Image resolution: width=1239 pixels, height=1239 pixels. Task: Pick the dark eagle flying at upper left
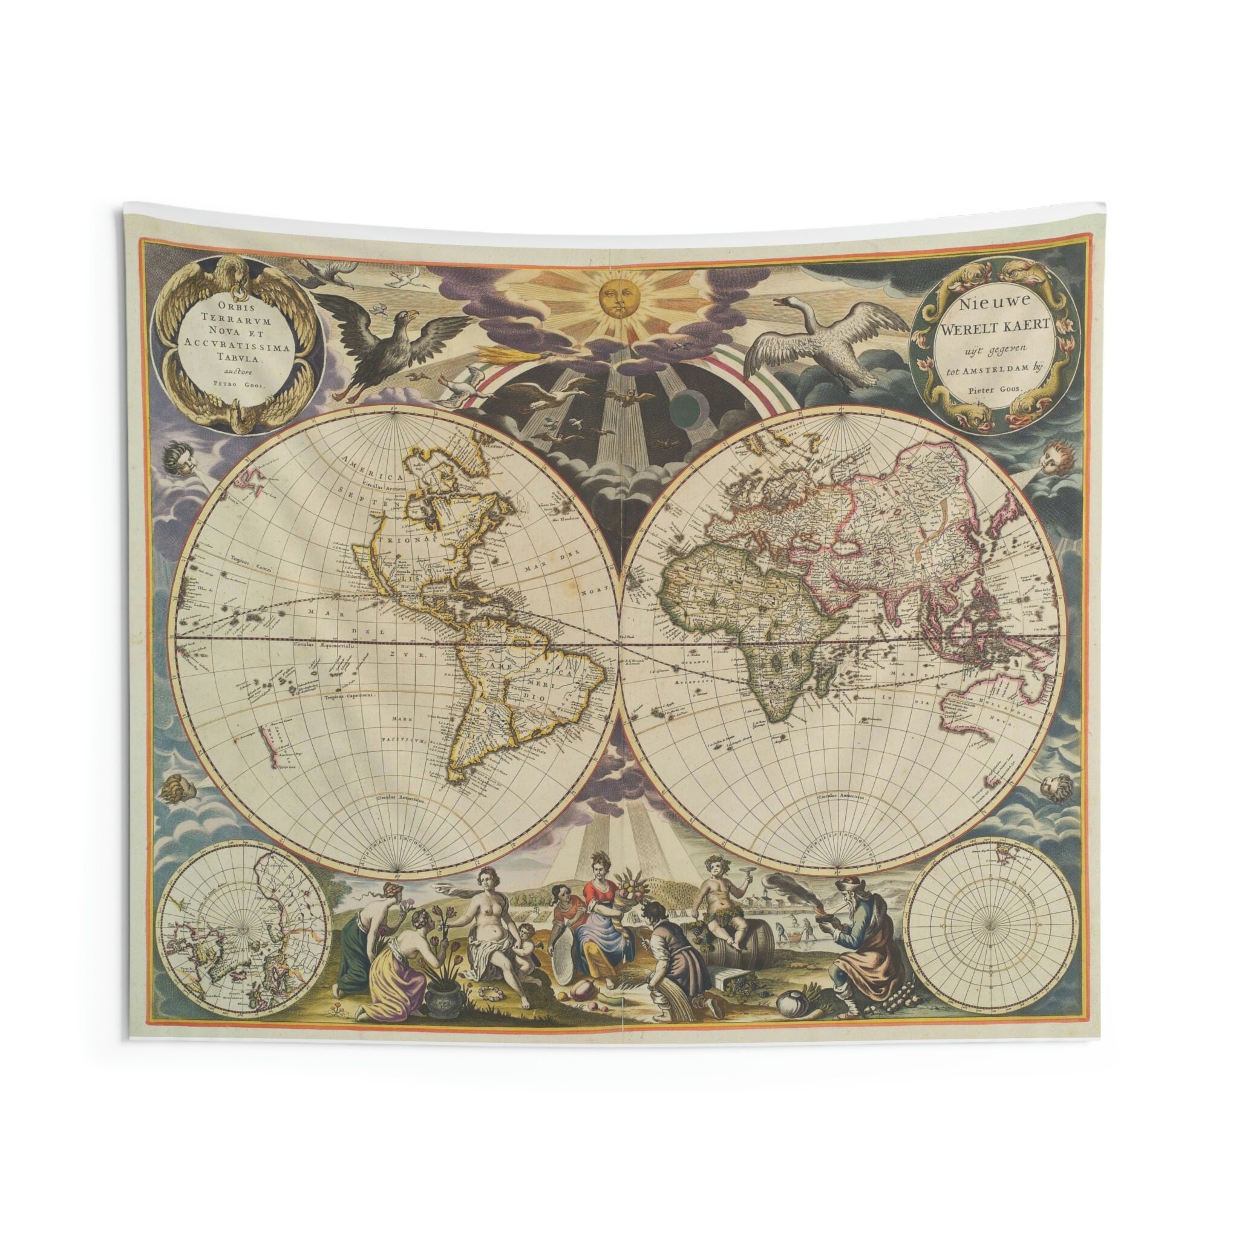click(x=378, y=340)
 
